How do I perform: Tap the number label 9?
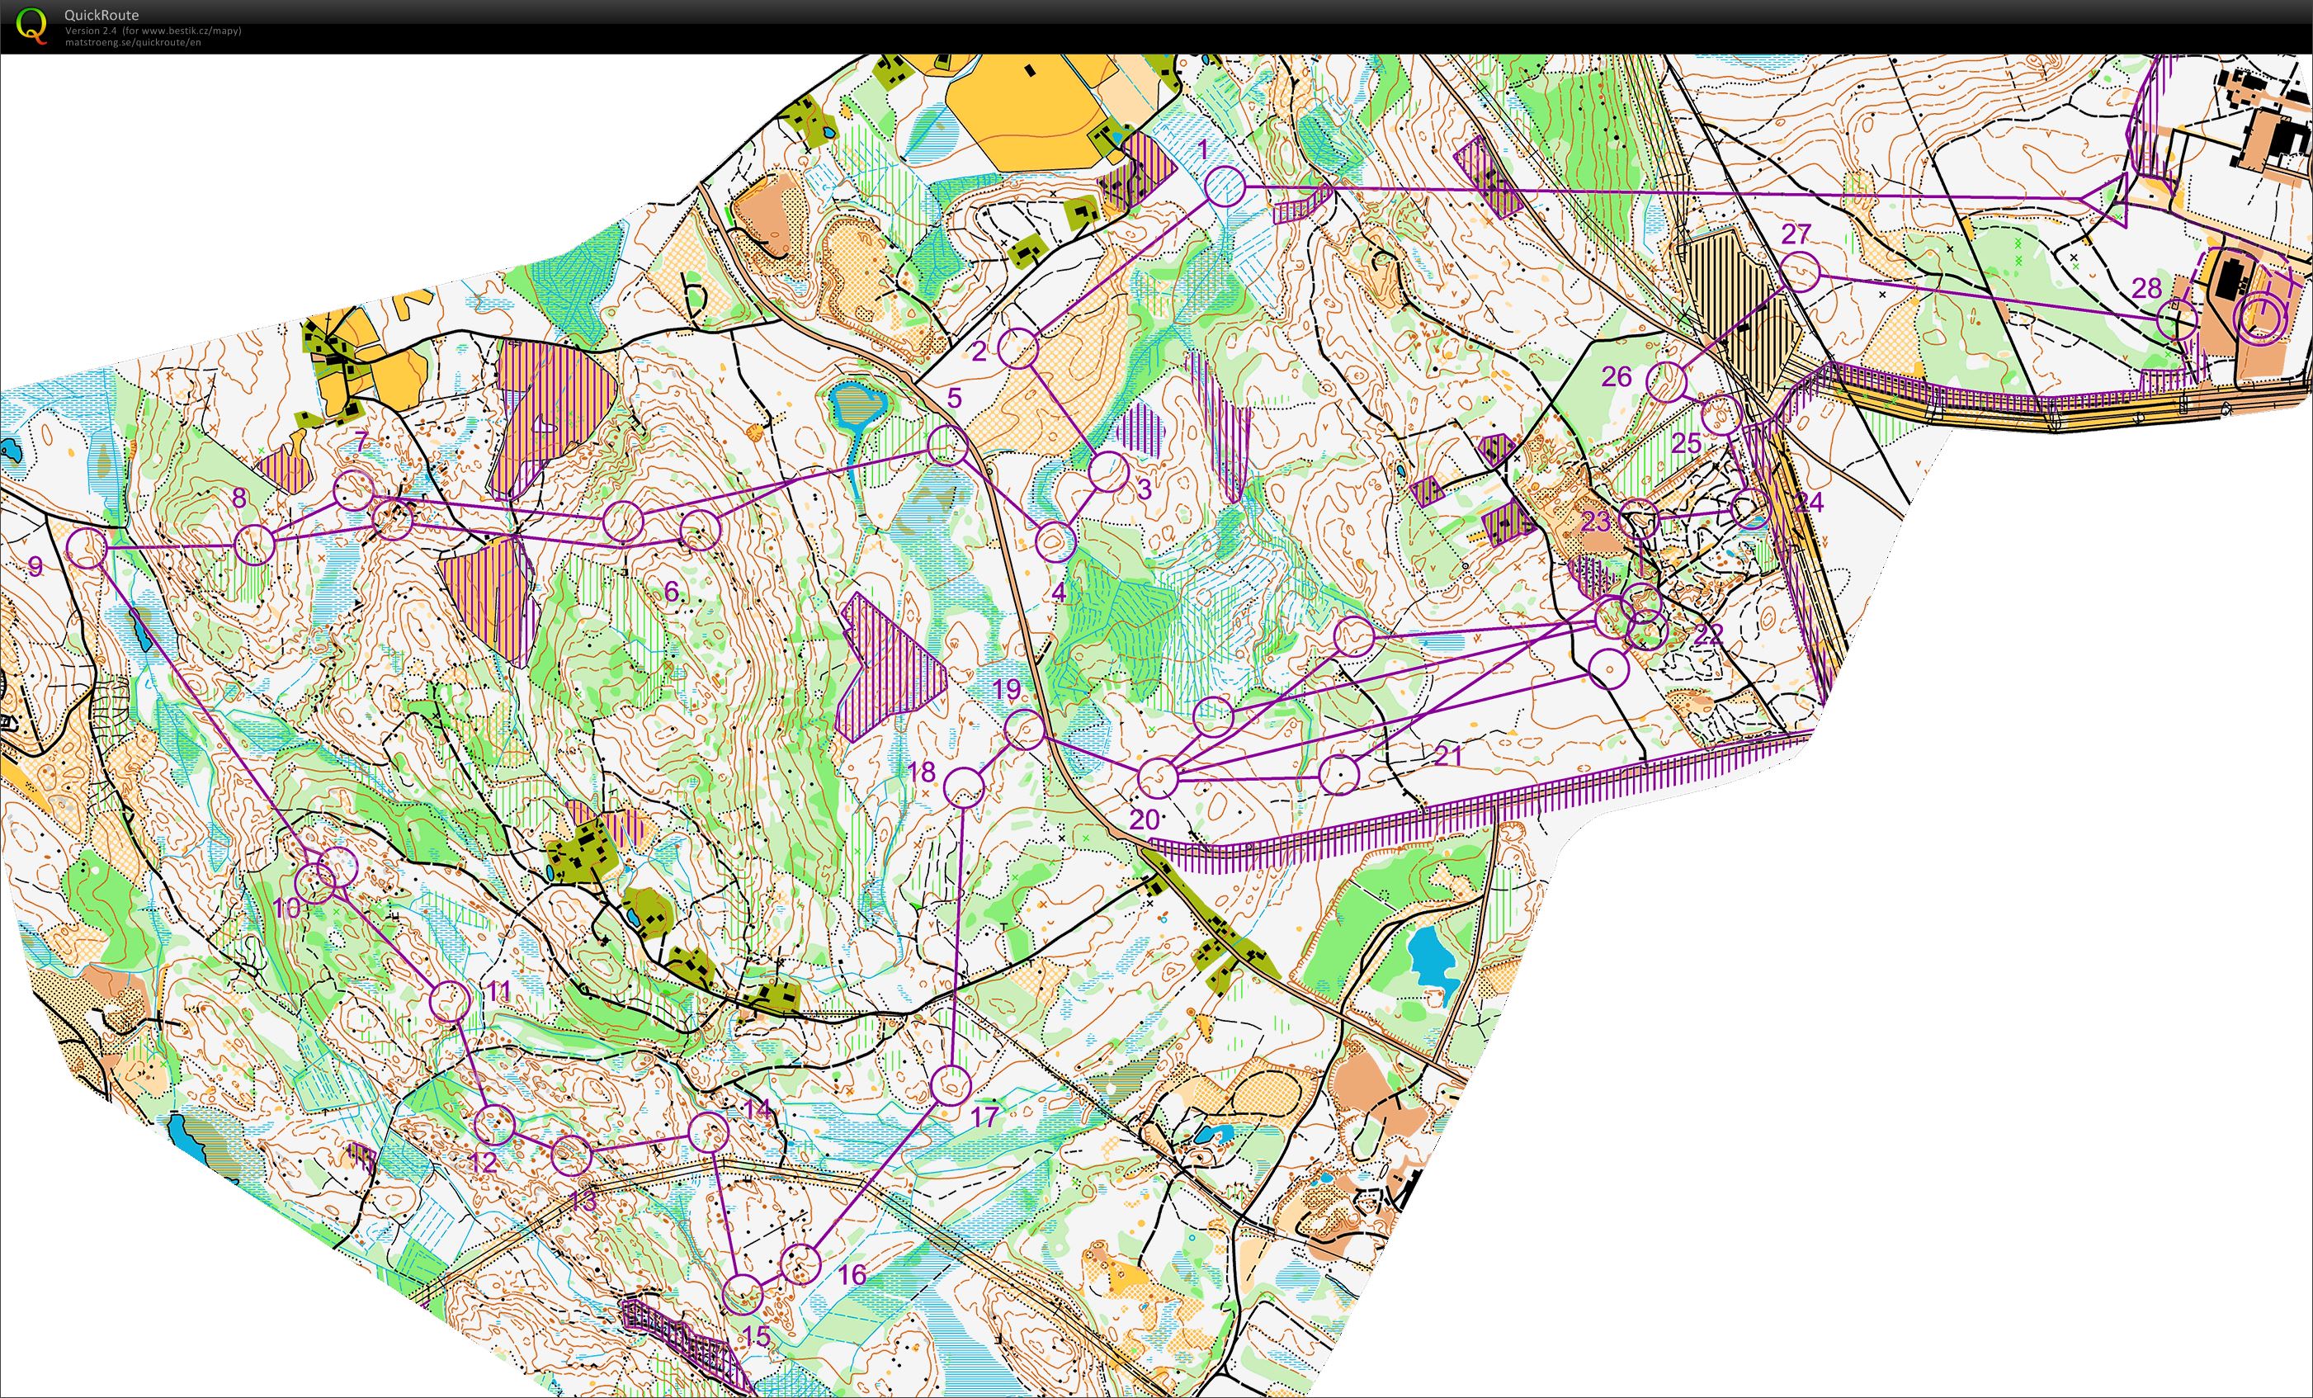tap(35, 566)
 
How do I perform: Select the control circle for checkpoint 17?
tap(950, 1085)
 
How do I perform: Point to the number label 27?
tap(1795, 234)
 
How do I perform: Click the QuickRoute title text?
tap(101, 15)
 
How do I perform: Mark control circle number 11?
tap(450, 1001)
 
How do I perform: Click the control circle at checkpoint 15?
tap(743, 1295)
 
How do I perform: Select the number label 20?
tap(1144, 819)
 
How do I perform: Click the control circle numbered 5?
tap(947, 445)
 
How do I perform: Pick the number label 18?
tap(921, 772)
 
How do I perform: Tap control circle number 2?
tap(1017, 348)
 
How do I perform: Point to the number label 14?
tap(758, 1110)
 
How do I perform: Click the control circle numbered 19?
tap(1025, 729)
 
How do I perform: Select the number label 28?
tap(2146, 288)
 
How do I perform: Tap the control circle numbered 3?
tap(1108, 471)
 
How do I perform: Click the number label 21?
tap(1447, 755)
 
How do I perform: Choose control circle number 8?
tap(253, 545)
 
